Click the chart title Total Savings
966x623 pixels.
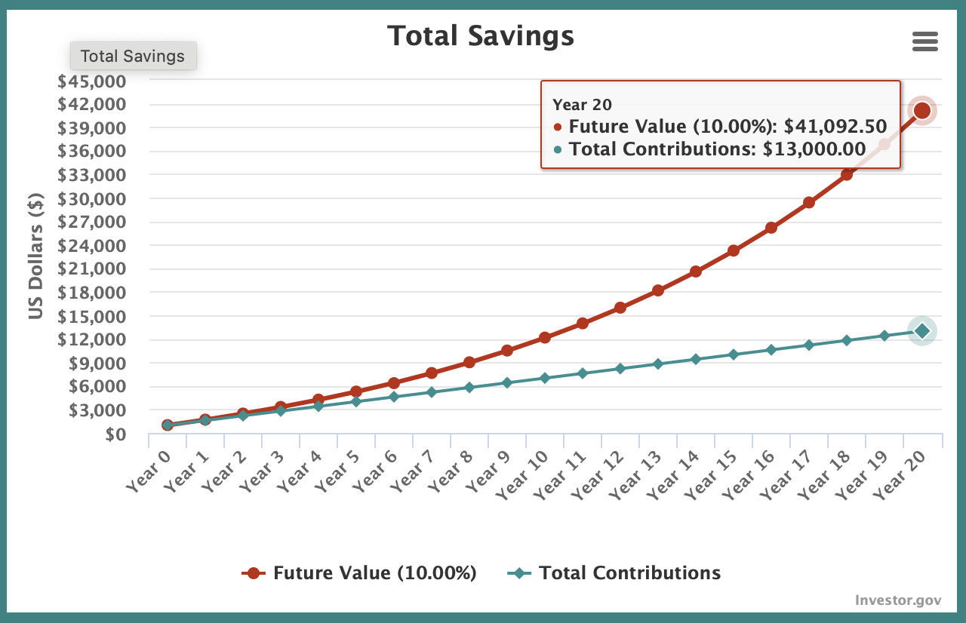pos(480,35)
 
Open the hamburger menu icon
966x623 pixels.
pos(924,41)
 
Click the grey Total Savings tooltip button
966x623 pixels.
pos(133,56)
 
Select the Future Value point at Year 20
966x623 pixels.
pos(921,111)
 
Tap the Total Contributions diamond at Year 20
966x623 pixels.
pos(921,330)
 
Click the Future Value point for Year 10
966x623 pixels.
pos(545,338)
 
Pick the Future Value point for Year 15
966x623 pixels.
pos(734,250)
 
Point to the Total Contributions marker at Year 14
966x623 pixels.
pos(696,359)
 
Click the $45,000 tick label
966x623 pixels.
pos(91,81)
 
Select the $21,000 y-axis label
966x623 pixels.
pos(91,269)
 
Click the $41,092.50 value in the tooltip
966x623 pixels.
pos(835,126)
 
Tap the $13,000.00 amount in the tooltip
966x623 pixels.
pos(814,149)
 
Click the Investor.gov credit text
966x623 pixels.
pos(898,600)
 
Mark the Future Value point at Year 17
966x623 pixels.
pos(809,203)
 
